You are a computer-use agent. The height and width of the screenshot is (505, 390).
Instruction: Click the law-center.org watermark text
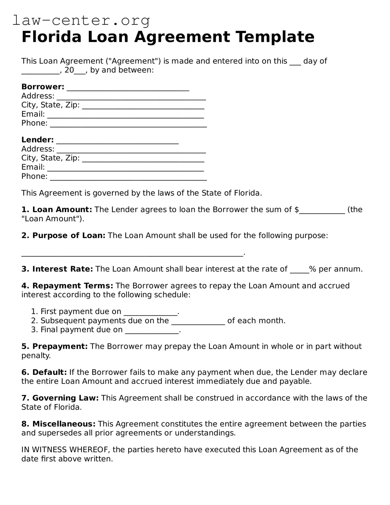[x=81, y=21]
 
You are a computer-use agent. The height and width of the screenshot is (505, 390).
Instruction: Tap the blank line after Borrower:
[x=128, y=88]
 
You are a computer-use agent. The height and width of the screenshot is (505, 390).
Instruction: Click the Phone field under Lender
[x=128, y=178]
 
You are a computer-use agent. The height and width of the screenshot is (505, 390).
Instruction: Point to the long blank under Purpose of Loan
[x=132, y=254]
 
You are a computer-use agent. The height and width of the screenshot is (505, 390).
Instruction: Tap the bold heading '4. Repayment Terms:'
[x=67, y=286]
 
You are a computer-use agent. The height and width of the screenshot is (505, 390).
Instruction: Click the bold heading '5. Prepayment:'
[x=55, y=346]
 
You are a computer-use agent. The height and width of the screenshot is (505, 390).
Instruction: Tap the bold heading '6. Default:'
[x=44, y=372]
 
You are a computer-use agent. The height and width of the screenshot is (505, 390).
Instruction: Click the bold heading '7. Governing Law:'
[x=60, y=398]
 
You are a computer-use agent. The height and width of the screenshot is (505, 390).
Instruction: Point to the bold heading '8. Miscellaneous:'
[x=59, y=424]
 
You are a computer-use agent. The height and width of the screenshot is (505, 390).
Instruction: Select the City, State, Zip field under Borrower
[x=143, y=106]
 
